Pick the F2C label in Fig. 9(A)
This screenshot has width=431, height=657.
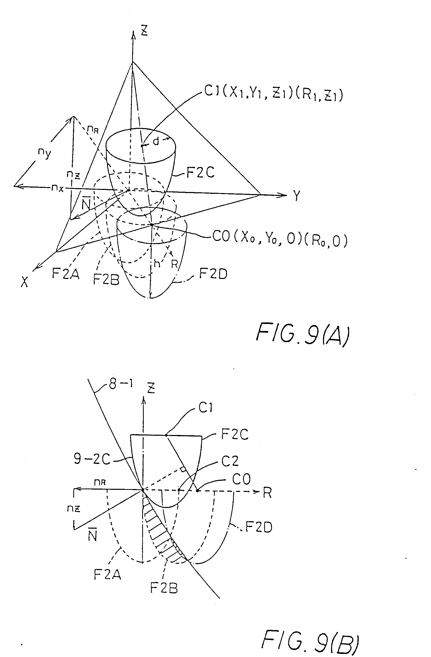200,173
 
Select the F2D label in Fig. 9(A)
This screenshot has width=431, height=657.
213,274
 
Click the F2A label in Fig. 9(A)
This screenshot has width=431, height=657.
66,274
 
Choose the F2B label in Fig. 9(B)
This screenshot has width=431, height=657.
164,588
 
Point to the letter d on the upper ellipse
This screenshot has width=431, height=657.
156,141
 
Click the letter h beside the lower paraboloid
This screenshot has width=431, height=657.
157,264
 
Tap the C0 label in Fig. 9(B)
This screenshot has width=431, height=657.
241,479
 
